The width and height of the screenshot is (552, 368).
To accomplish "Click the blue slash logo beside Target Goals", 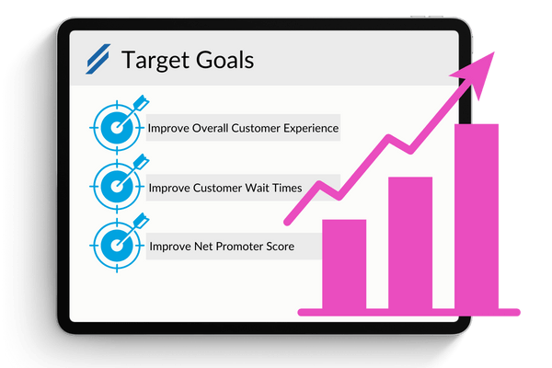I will [97, 60].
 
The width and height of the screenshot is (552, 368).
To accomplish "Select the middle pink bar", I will [410, 243].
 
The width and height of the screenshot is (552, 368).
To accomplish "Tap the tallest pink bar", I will [477, 217].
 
